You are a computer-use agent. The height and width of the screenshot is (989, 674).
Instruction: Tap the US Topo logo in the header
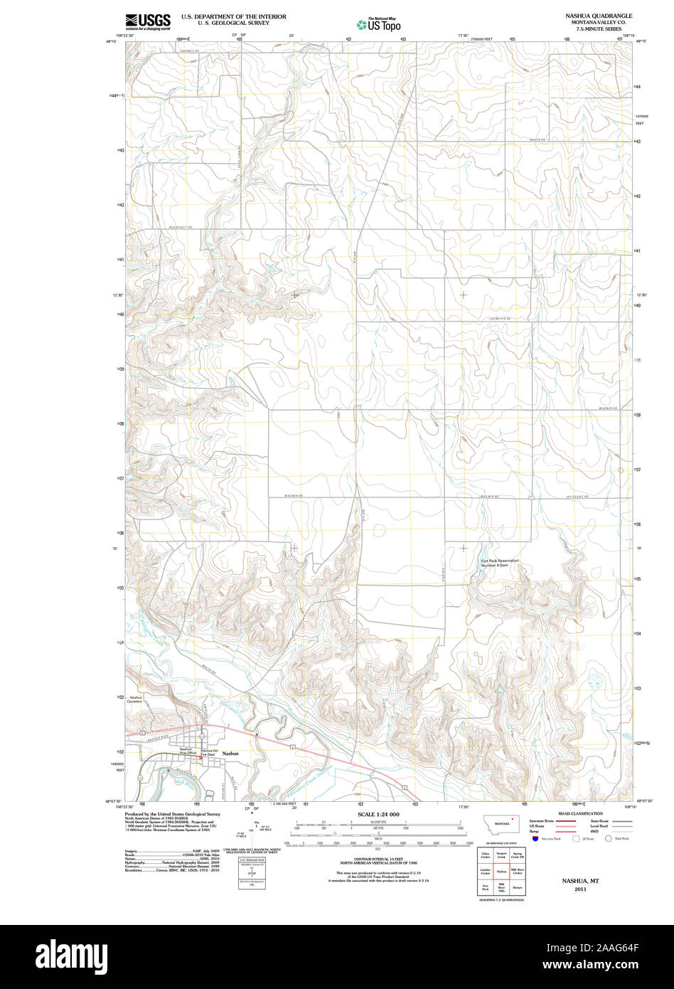pos(378,24)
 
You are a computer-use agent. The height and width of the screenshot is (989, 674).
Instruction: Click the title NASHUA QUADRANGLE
pos(598,16)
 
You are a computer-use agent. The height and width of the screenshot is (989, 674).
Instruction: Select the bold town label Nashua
pos(230,753)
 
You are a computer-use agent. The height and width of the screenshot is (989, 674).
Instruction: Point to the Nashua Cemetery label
pos(136,699)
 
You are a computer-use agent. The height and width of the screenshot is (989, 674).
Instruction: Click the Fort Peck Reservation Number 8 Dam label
pos(500,564)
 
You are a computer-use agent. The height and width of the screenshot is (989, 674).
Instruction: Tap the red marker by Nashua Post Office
pos(200,758)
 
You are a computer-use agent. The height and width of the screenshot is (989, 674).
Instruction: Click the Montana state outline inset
pos(501,824)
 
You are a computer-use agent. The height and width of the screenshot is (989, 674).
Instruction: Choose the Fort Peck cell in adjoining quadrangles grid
pos(486,887)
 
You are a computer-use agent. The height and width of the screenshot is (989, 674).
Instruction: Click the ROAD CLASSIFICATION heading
pos(580,813)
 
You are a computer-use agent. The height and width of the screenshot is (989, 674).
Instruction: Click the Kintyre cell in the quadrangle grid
pos(518,887)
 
